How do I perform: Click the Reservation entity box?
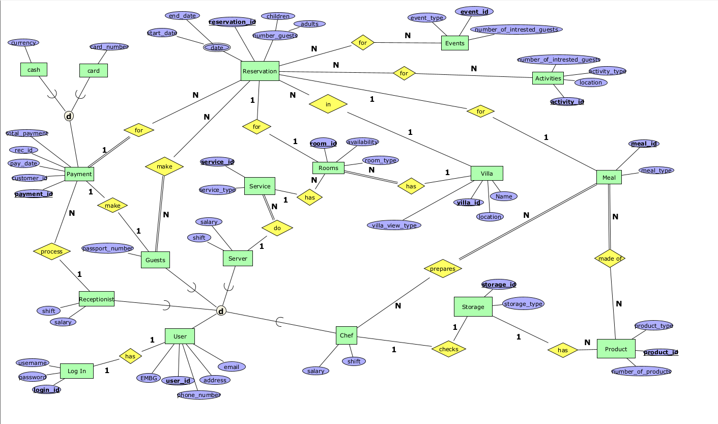point(260,71)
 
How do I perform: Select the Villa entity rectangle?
point(487,174)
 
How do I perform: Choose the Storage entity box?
point(473,307)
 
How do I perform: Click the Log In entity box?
point(77,371)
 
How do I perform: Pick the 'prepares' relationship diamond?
point(443,269)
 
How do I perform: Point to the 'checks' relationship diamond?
point(448,349)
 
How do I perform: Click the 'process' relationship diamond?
point(51,251)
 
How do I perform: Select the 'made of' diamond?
point(610,259)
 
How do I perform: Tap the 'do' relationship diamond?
point(277,229)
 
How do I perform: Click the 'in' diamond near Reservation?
point(328,104)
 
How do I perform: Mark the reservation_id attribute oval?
point(232,22)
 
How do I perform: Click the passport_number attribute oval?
point(107,248)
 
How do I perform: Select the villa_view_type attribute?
point(394,225)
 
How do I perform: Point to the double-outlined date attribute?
point(217,48)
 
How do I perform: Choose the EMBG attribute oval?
point(149,378)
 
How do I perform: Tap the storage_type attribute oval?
point(523,304)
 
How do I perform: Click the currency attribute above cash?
point(23,43)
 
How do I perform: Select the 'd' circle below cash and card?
point(69,116)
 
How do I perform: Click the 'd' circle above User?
point(221,310)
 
